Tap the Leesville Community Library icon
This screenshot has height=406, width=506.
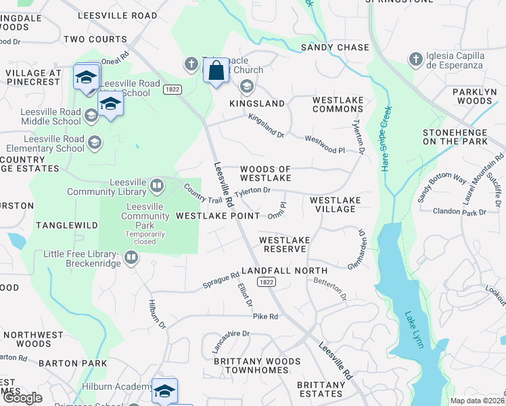coord(157,185)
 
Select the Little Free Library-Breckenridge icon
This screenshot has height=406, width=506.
coord(131,257)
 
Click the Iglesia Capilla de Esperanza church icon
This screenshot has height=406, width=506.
coord(415,60)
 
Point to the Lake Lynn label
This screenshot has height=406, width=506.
coord(414,330)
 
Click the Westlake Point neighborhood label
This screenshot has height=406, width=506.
coord(217,216)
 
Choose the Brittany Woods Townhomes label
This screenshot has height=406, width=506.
coord(256,366)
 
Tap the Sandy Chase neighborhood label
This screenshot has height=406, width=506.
coord(335,47)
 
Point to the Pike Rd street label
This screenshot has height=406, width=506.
coord(265,317)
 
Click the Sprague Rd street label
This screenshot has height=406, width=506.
coord(221,281)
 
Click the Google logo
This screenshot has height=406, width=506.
coord(22,398)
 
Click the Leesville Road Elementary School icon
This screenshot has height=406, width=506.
coord(95,143)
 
